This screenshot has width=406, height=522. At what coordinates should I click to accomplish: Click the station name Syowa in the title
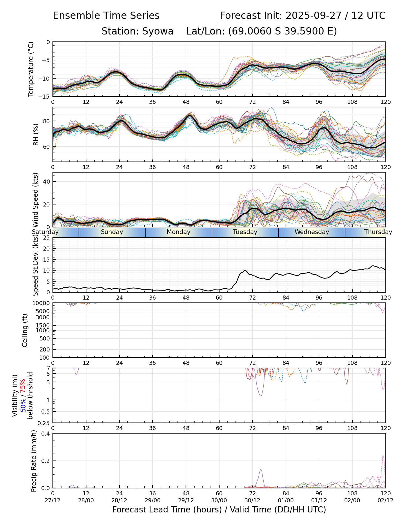click(x=158, y=31)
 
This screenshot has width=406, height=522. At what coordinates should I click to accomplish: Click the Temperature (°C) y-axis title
click(x=31, y=69)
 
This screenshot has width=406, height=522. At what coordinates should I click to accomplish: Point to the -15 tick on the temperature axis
click(x=46, y=97)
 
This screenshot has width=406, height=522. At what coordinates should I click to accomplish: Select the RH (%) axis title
click(x=35, y=134)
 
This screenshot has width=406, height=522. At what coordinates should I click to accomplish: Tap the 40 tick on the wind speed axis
click(x=47, y=182)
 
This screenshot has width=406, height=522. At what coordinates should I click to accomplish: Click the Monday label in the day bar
click(x=179, y=232)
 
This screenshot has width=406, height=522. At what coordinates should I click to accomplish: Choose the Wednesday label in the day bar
click(x=312, y=232)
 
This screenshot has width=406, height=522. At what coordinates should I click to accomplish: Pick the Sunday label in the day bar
click(x=112, y=232)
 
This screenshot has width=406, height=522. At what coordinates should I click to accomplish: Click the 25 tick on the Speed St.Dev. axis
click(x=46, y=238)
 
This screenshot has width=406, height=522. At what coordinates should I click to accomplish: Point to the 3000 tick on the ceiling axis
click(x=44, y=317)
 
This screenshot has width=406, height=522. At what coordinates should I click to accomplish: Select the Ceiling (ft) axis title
click(x=25, y=330)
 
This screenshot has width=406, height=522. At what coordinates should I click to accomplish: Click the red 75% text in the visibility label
click(x=23, y=386)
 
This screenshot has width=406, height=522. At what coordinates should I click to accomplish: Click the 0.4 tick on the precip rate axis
click(x=46, y=434)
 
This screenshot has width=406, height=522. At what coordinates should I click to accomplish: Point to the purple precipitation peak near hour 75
click(x=261, y=470)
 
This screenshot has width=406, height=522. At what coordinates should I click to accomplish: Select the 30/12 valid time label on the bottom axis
click(x=252, y=500)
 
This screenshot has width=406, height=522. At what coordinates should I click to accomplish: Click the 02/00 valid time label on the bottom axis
click(x=352, y=500)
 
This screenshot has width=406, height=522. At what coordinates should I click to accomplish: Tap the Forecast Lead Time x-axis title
click(x=219, y=510)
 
